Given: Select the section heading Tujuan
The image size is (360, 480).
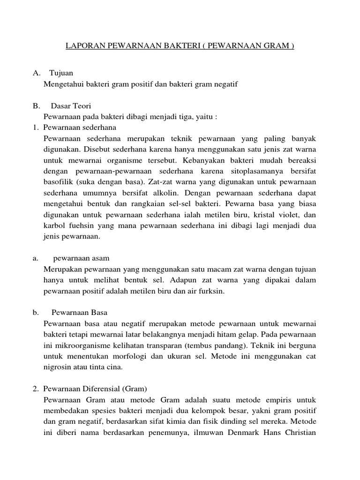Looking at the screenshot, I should click(x=61, y=74).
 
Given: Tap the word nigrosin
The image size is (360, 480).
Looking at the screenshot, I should click(x=58, y=367).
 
